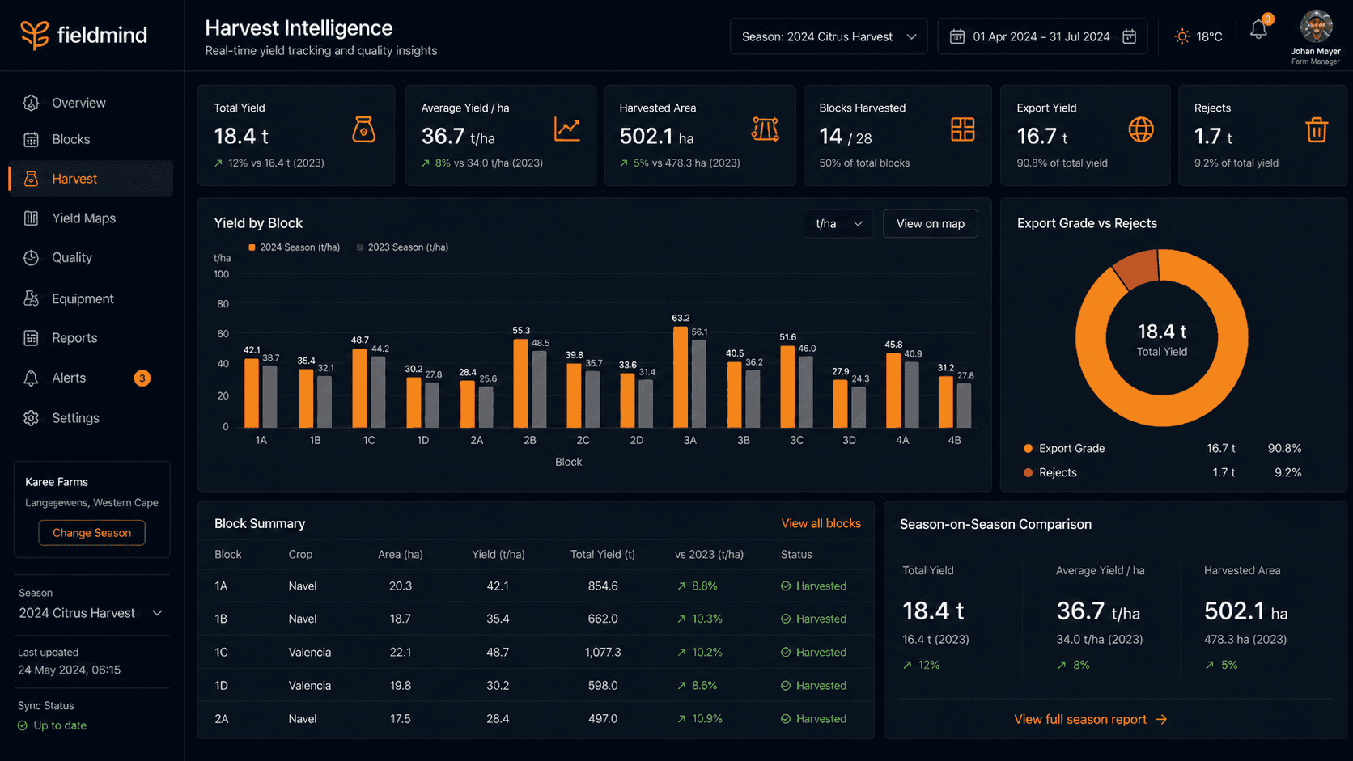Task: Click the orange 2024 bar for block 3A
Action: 680,377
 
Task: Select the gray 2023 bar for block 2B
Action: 540,389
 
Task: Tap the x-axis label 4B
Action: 954,441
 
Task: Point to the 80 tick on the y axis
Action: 223,303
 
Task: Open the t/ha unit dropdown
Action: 838,223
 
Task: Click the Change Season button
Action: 91,533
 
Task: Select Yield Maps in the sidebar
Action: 83,218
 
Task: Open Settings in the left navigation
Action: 75,417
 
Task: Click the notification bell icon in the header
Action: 1259,30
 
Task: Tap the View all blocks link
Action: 821,523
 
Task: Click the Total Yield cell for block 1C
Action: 603,653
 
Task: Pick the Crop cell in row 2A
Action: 303,719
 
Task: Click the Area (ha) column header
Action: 401,554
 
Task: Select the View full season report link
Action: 1090,720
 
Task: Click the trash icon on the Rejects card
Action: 1317,129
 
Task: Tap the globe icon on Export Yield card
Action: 1141,129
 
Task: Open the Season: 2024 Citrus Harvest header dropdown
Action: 829,37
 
